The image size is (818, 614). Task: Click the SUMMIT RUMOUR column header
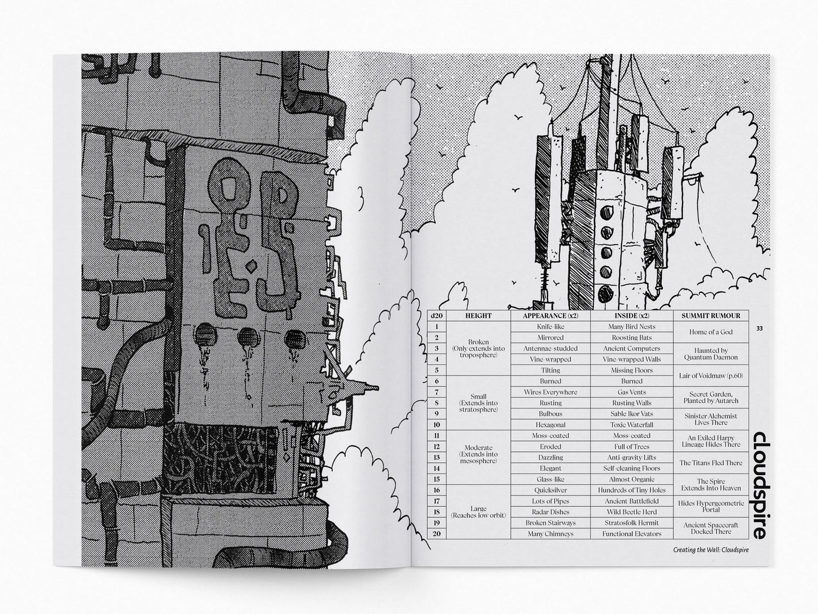(x=710, y=315)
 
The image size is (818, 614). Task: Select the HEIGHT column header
(x=478, y=315)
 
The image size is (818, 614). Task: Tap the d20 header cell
(x=436, y=315)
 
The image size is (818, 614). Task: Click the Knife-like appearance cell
(x=550, y=327)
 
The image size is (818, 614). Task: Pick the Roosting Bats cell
(x=632, y=338)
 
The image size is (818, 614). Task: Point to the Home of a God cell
(x=710, y=332)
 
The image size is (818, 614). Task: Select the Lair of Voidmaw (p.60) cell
(x=710, y=376)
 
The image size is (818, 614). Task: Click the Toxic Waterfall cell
(x=632, y=425)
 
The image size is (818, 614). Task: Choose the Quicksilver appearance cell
(x=550, y=490)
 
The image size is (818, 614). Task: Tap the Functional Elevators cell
(x=632, y=534)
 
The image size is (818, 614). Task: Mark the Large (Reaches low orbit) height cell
(x=478, y=512)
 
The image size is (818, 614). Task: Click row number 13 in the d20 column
(x=436, y=458)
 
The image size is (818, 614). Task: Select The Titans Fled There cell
(x=710, y=463)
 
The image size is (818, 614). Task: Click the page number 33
(x=760, y=329)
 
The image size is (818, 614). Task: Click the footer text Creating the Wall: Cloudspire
(x=710, y=550)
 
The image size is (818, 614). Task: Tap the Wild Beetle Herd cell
(x=632, y=512)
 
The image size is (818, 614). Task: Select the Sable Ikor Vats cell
(x=632, y=414)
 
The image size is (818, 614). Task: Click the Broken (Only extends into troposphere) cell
(x=478, y=348)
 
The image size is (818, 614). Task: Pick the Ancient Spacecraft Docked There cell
(x=710, y=528)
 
